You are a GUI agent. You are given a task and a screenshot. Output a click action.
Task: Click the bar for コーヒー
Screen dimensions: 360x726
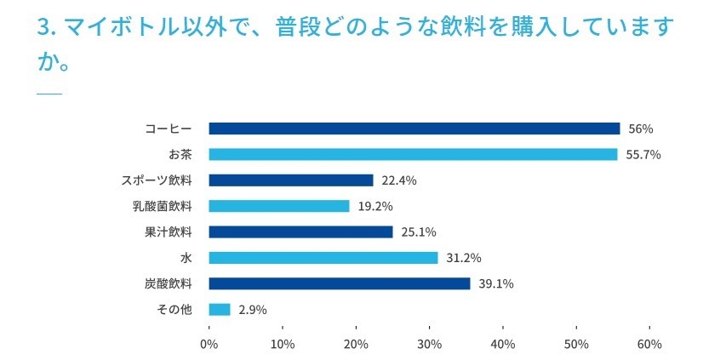point(414,129)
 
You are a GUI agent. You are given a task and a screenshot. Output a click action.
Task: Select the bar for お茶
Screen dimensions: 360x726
point(413,154)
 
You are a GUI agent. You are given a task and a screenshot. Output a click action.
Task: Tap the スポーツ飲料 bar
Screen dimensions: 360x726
point(290,180)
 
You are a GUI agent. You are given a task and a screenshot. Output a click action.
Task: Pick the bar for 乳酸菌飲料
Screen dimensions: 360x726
point(278,206)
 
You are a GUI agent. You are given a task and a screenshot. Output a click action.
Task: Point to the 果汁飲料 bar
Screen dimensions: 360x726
point(300,231)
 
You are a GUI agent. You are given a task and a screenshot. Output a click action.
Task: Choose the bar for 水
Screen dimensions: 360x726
point(323,258)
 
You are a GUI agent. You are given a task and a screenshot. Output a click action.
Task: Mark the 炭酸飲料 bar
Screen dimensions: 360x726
point(339,283)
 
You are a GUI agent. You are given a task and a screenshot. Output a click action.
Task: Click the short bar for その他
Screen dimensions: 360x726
point(219,309)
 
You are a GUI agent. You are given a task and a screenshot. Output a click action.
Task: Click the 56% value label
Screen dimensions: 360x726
point(640,129)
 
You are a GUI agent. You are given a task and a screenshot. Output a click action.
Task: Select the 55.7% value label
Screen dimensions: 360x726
point(643,155)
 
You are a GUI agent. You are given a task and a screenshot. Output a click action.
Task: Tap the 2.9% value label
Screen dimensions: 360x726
point(253,310)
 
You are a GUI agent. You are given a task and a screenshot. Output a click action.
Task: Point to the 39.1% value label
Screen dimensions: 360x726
point(496,284)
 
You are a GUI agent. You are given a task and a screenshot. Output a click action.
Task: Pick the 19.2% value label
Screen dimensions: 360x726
point(375,207)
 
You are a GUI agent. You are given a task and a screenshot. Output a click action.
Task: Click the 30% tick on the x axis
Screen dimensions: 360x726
point(429,345)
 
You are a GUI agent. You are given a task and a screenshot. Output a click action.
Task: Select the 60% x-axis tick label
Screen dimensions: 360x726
point(649,345)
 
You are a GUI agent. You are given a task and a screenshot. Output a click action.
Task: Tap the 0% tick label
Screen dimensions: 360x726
point(209,345)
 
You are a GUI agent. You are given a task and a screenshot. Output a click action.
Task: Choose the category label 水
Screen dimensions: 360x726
point(186,258)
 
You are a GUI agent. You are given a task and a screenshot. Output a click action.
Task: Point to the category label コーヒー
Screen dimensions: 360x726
point(169,129)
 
